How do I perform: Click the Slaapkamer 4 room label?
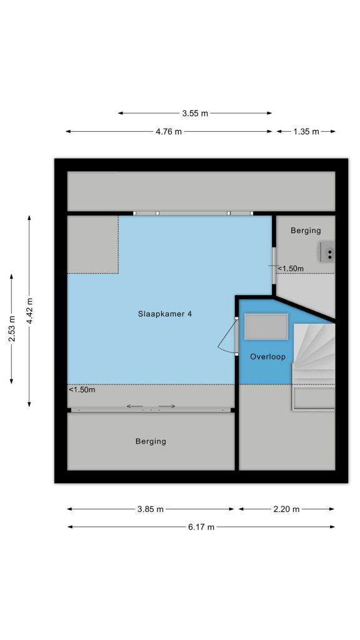click(x=165, y=314)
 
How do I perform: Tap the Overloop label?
click(x=267, y=357)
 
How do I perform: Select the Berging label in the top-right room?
click(x=306, y=231)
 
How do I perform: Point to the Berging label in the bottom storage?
click(x=151, y=441)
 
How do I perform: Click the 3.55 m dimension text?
click(x=195, y=114)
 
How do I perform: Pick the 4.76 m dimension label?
click(x=169, y=132)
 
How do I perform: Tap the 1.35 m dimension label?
click(x=306, y=132)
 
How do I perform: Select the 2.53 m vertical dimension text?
click(x=12, y=329)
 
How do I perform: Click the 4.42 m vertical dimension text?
click(x=29, y=311)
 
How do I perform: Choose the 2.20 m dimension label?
click(x=286, y=509)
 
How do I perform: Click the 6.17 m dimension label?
click(x=201, y=527)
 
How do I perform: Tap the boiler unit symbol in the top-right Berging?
click(x=327, y=251)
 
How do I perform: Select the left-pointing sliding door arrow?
click(x=135, y=406)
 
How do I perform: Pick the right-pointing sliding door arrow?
click(x=167, y=406)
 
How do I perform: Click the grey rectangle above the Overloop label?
click(x=266, y=326)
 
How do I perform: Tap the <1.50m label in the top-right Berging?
click(x=291, y=269)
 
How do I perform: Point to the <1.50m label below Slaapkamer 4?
click(x=82, y=390)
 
